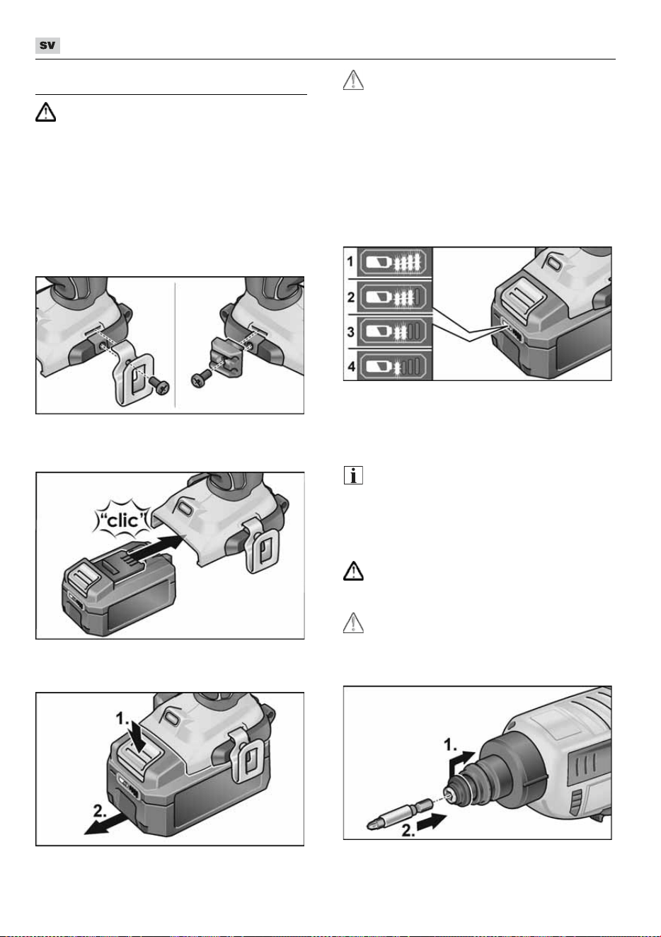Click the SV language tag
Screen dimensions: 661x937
[47, 45]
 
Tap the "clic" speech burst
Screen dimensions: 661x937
[123, 520]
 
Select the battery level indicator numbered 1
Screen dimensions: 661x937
[393, 263]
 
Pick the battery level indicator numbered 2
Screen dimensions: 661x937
[393, 297]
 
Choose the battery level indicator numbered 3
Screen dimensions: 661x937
[393, 331]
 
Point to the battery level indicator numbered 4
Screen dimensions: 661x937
[393, 366]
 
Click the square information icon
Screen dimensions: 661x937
[353, 475]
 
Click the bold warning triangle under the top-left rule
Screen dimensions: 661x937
[45, 112]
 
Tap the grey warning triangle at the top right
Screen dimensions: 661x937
[353, 80]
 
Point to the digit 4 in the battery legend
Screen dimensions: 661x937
[351, 366]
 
